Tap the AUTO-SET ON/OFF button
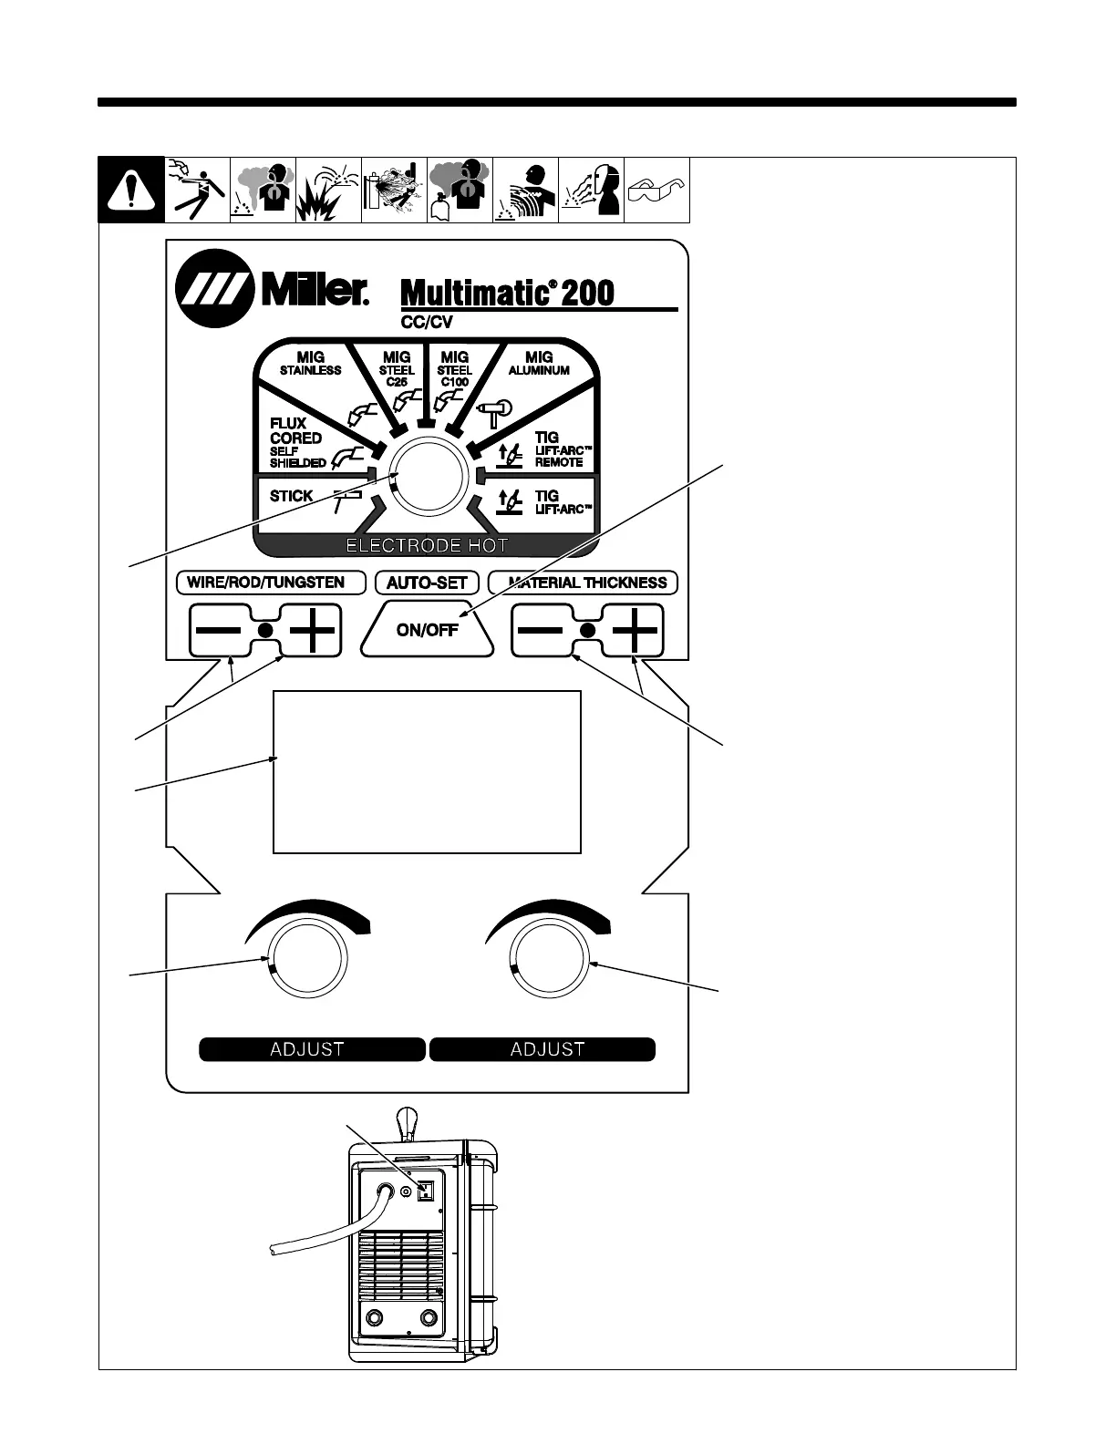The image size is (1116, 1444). pyautogui.click(x=427, y=630)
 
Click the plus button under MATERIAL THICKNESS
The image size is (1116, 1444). pyautogui.click(x=635, y=630)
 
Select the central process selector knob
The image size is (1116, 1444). pyautogui.click(x=429, y=477)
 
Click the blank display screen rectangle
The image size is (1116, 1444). pyautogui.click(x=427, y=772)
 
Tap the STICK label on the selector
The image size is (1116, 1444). pyautogui.click(x=291, y=497)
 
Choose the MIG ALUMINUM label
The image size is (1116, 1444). pyautogui.click(x=539, y=363)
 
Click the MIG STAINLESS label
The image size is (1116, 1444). pyautogui.click(x=310, y=363)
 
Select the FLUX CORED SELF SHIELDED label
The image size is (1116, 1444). pyautogui.click(x=296, y=443)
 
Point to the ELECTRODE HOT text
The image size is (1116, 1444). pyautogui.click(x=427, y=546)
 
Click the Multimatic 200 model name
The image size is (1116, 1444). pyautogui.click(x=507, y=293)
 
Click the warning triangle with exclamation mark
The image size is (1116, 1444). pyautogui.click(x=131, y=191)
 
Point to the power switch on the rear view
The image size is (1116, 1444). pyautogui.click(x=424, y=1191)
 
